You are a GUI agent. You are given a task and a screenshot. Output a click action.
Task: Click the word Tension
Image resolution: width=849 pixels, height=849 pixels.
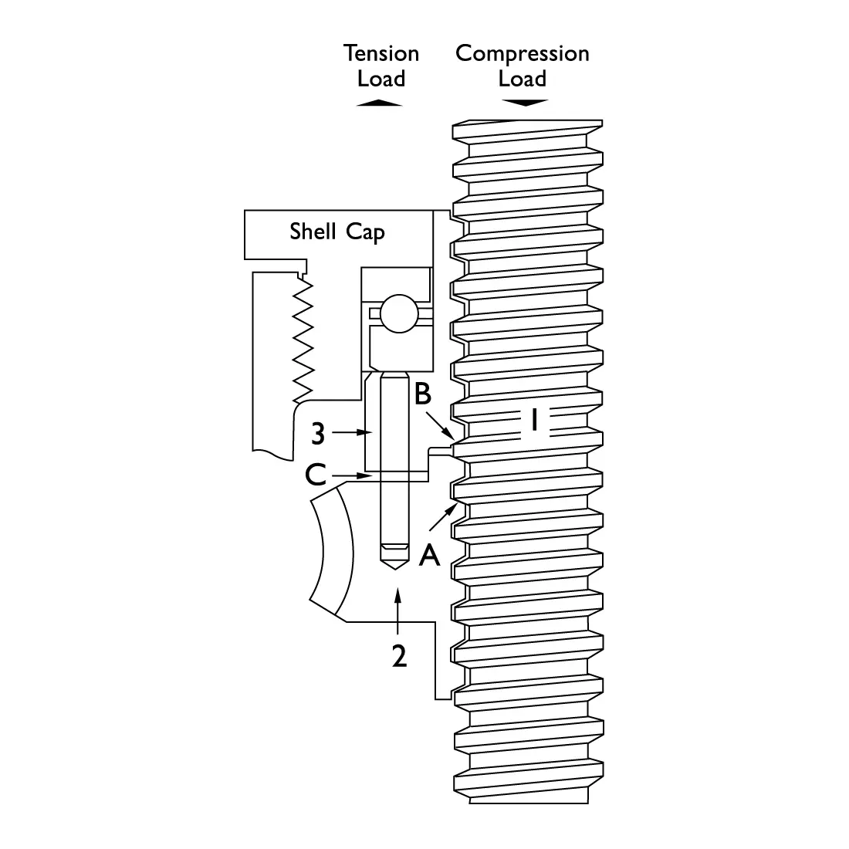(x=381, y=53)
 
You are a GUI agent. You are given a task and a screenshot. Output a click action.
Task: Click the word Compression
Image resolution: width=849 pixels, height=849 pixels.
(x=522, y=53)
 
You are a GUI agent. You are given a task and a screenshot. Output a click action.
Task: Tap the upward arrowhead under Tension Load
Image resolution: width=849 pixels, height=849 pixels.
(x=380, y=103)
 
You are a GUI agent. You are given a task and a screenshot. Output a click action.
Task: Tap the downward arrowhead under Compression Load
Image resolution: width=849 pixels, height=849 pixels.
(x=524, y=103)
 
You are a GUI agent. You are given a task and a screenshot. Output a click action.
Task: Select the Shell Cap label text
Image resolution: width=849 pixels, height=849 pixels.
(x=337, y=232)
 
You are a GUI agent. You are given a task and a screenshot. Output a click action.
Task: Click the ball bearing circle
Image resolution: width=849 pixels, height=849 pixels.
(x=397, y=313)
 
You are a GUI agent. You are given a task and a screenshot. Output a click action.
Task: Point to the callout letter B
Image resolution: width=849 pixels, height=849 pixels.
(x=422, y=394)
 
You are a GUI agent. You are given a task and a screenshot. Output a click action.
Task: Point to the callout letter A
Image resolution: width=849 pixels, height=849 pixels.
(x=429, y=554)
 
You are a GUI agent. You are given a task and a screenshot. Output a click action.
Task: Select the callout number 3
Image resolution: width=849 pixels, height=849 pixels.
(x=318, y=435)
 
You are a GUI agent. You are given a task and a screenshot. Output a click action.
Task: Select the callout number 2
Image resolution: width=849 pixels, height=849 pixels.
(x=399, y=655)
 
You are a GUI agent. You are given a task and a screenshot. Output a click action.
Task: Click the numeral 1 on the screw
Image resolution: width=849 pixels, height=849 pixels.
(x=533, y=421)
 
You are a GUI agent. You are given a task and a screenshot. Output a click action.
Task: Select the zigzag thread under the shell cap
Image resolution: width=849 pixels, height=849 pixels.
(x=304, y=340)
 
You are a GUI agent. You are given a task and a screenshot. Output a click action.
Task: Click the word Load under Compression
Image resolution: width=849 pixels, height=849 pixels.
(x=522, y=79)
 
